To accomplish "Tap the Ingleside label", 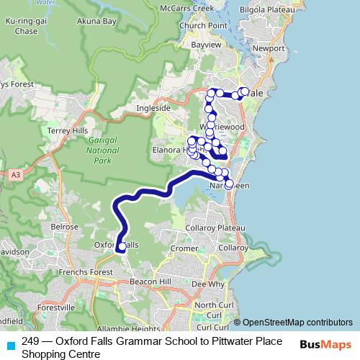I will (153, 109).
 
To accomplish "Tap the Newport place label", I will (269, 48).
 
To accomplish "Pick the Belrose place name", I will (64, 226).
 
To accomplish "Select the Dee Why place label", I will (208, 284).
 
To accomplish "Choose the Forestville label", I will (57, 307).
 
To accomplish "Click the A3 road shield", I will (15, 174).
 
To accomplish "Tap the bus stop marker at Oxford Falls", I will (122, 247).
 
